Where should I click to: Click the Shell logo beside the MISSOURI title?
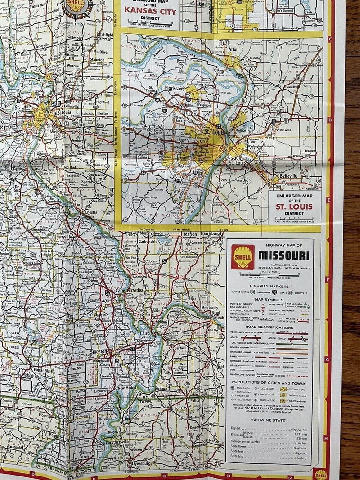tap(243, 257)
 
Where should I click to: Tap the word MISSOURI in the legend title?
tap(283, 256)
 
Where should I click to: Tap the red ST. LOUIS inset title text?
tap(295, 207)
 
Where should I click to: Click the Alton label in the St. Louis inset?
tap(234, 50)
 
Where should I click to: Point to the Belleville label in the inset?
tap(288, 175)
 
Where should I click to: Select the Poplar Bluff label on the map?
tap(43, 370)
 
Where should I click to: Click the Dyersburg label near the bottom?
tap(139, 463)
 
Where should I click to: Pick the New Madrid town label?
tap(127, 387)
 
